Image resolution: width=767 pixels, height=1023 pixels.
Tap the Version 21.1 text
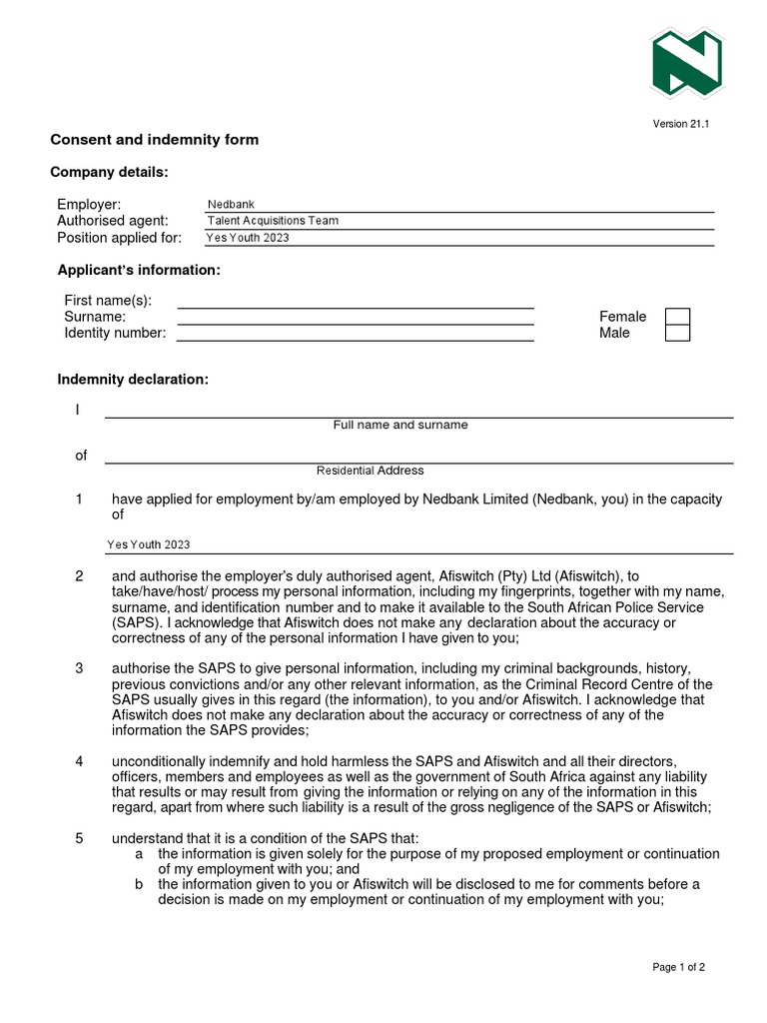click(x=681, y=124)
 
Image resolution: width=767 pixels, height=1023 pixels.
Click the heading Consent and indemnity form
click(x=154, y=140)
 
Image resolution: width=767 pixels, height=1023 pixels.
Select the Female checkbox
click(x=677, y=317)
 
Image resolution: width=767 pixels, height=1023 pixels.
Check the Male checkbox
click(x=677, y=333)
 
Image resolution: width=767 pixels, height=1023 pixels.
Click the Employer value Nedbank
click(x=231, y=205)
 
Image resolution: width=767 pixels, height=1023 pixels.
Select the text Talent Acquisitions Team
click(x=273, y=221)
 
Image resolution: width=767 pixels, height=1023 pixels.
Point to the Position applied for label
click(x=119, y=238)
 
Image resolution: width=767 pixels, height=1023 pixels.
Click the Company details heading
click(x=109, y=173)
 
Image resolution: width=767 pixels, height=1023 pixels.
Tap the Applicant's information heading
click(x=139, y=271)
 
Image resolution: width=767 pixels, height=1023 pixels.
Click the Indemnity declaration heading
click(x=133, y=380)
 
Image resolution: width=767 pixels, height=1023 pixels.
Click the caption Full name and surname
click(x=399, y=425)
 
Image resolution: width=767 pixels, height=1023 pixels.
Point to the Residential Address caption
click(x=370, y=471)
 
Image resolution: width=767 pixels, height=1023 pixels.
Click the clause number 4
click(x=79, y=761)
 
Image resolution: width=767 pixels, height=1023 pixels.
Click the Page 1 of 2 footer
click(x=678, y=967)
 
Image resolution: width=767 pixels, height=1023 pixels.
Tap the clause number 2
click(x=79, y=576)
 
